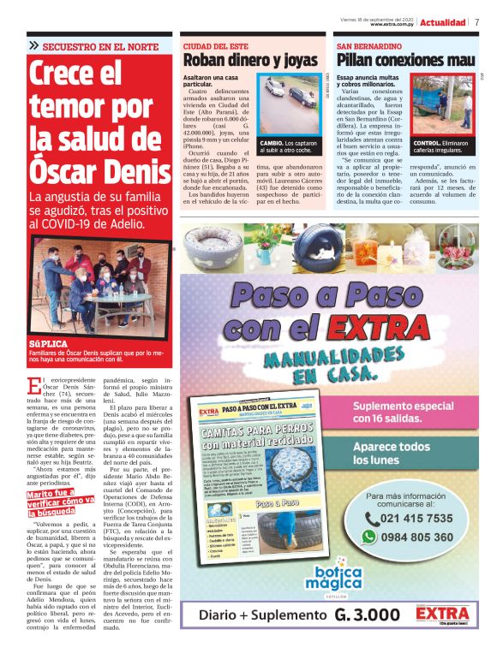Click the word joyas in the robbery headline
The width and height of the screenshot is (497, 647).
point(298,61)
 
